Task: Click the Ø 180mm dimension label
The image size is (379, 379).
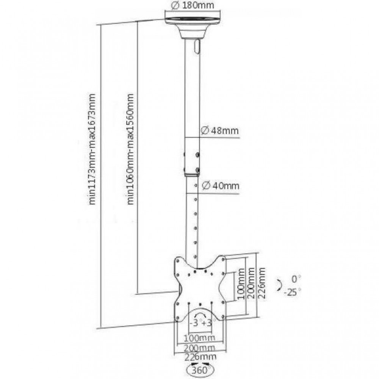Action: [193, 5]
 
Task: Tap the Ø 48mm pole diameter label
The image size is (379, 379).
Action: [220, 130]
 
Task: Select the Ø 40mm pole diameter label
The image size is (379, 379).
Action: [221, 186]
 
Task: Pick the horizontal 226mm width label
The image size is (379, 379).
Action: [200, 357]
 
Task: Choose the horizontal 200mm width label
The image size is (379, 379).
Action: [199, 348]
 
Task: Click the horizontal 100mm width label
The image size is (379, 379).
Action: [199, 337]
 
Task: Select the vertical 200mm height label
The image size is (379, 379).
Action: [251, 283]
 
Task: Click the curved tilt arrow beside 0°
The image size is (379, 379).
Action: [279, 285]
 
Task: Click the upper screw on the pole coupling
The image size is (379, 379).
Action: [198, 155]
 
